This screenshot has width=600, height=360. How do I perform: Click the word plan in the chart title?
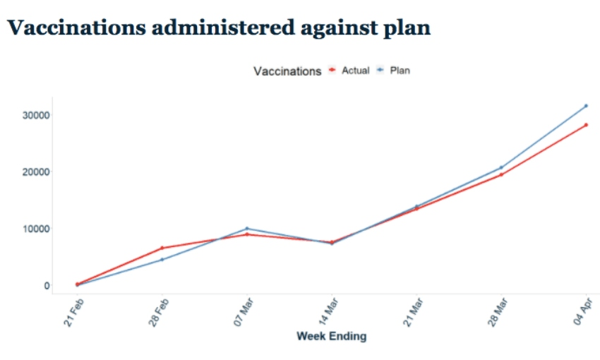pyautogui.click(x=406, y=28)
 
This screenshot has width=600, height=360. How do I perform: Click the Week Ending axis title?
pyautogui.click(x=331, y=336)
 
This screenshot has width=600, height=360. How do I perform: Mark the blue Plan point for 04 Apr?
pyautogui.click(x=586, y=106)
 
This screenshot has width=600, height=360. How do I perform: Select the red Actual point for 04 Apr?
pyautogui.click(x=586, y=125)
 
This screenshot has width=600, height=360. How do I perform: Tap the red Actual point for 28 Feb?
pyautogui.click(x=162, y=248)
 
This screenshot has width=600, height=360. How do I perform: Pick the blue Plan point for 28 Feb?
pyautogui.click(x=162, y=260)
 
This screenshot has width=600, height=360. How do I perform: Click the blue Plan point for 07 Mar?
pyautogui.click(x=246, y=229)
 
